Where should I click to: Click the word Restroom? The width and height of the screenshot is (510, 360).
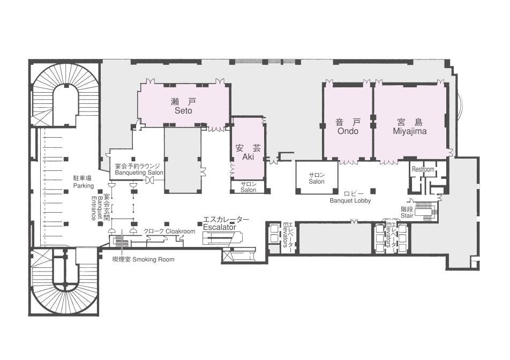[x=423, y=169]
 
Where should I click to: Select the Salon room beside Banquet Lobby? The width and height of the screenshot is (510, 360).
[x=317, y=178]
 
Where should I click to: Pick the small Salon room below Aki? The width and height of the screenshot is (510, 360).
[x=249, y=187]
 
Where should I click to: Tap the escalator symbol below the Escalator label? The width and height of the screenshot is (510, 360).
[x=222, y=238]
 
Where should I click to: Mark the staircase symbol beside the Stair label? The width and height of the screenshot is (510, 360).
[x=425, y=212]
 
